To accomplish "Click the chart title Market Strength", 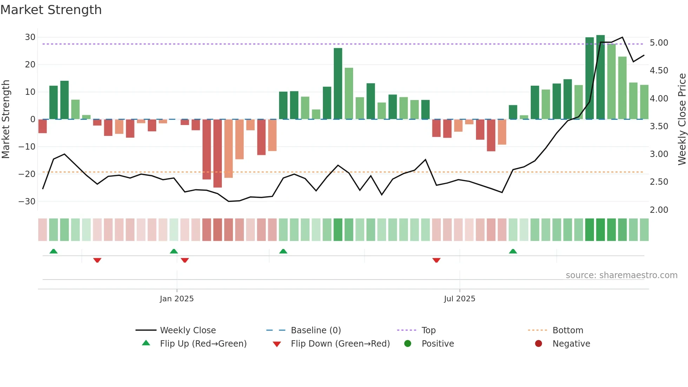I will (x=51, y=10).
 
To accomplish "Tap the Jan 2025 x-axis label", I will (x=177, y=299).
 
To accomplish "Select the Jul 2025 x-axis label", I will (x=459, y=299).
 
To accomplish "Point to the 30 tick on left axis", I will (x=30, y=37).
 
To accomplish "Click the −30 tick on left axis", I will (x=27, y=202).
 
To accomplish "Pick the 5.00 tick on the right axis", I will (x=659, y=43).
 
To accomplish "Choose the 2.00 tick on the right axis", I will (x=659, y=210).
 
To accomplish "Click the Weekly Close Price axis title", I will (x=682, y=119).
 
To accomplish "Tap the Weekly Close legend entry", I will (x=188, y=330).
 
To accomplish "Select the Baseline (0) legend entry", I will (x=316, y=330).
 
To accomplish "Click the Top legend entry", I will (x=428, y=330).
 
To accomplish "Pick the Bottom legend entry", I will (x=568, y=330).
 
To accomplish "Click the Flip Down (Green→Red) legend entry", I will (x=340, y=344).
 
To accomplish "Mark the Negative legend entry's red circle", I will (x=538, y=344).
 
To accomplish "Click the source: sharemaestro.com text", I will (x=621, y=275).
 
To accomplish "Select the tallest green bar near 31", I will (x=601, y=77).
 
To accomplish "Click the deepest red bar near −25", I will (x=218, y=153).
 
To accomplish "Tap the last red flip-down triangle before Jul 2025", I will (x=436, y=260).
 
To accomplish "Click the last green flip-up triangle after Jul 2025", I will (x=513, y=251).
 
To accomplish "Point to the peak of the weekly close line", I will (x=622, y=37).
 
